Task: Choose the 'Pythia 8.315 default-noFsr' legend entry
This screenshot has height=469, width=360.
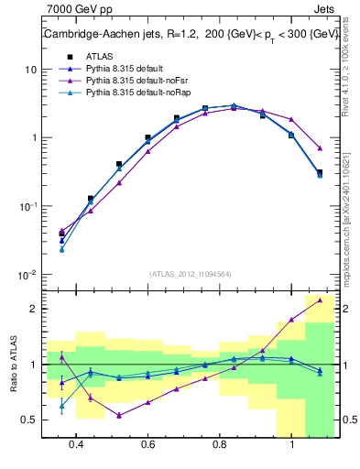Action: [x=124, y=81]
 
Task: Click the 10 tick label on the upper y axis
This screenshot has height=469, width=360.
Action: [x=29, y=70]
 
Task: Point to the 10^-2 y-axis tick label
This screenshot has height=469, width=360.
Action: [x=27, y=274]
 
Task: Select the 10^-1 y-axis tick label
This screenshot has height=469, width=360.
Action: [x=27, y=206]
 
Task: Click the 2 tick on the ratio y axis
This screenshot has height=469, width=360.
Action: [x=33, y=309]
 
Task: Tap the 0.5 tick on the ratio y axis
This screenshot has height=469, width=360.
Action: [x=29, y=420]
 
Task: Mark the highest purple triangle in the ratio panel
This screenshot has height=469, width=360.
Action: [x=319, y=300]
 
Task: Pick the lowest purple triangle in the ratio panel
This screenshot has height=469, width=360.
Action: [x=119, y=415]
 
